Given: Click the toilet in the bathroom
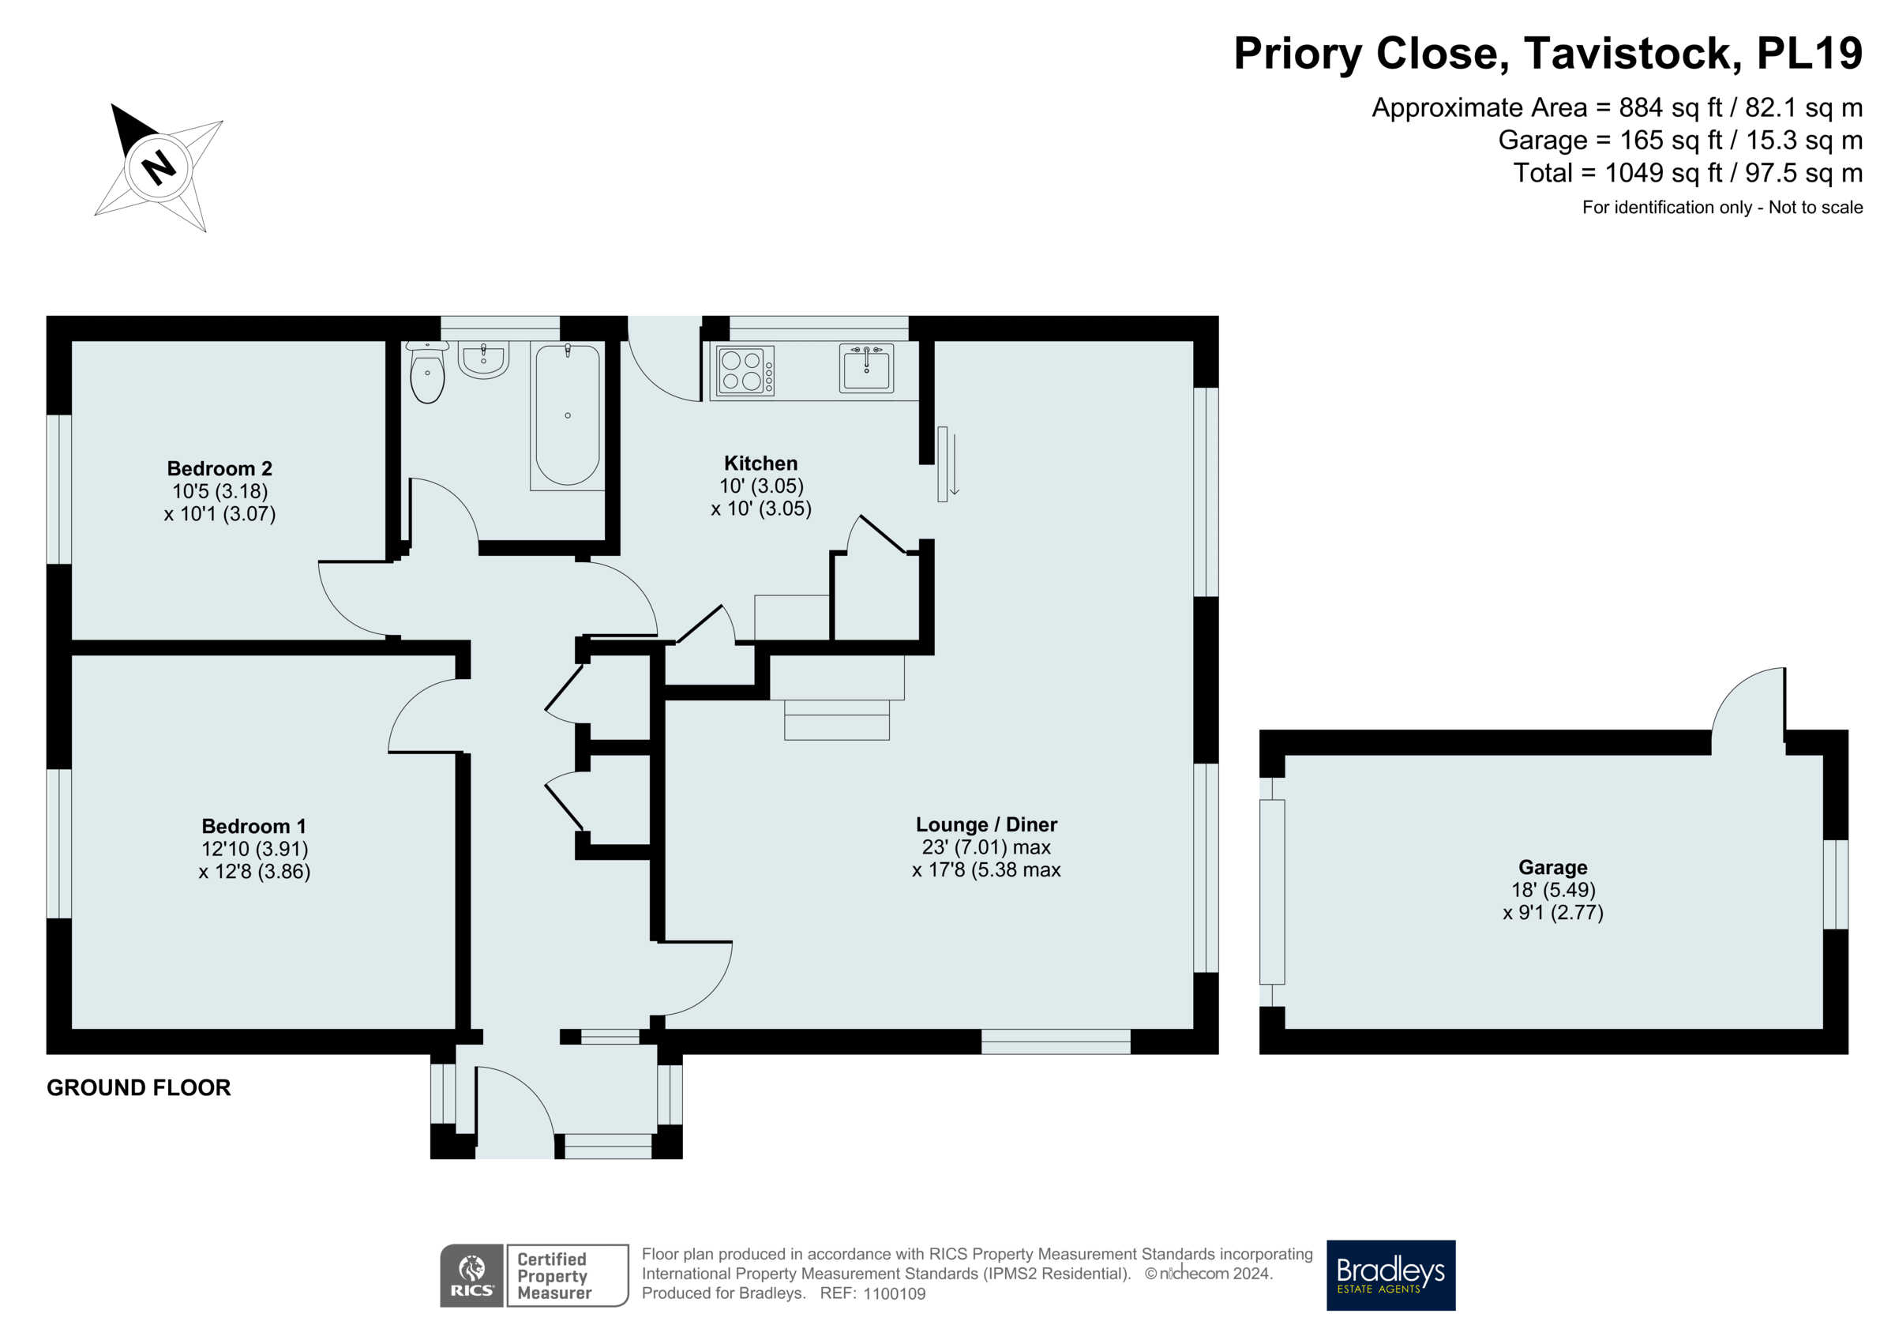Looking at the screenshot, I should pyautogui.click(x=426, y=376).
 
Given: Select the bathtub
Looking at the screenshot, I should pyautogui.click(x=567, y=415).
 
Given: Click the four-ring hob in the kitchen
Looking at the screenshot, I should pyautogui.click(x=745, y=370).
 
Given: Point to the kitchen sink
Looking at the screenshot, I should pyautogui.click(x=866, y=368).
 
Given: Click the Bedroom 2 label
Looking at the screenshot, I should pyautogui.click(x=220, y=469).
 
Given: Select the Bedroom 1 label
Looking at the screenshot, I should pyautogui.click(x=253, y=827).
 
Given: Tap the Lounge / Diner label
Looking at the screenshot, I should pyautogui.click(x=985, y=825).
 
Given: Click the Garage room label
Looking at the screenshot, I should pyautogui.click(x=1552, y=868).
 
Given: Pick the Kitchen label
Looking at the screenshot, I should pyautogui.click(x=760, y=464).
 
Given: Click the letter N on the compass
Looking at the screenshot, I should pyautogui.click(x=159, y=167).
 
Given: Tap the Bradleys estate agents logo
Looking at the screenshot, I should pyautogui.click(x=1390, y=1274).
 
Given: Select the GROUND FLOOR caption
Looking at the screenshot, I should pyautogui.click(x=139, y=1088).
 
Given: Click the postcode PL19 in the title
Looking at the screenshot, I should pyautogui.click(x=1808, y=54).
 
